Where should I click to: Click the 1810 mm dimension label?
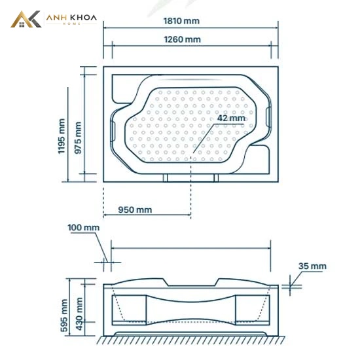pos(181,21)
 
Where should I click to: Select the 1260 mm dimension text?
pos(183,39)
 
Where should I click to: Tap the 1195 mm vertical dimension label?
pos(62,136)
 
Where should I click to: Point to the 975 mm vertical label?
pos(78,137)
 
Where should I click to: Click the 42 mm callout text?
pos(231,118)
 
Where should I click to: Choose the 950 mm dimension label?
pos(135,210)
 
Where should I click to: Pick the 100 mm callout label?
pos(84,228)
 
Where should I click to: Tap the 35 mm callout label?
pos(312,266)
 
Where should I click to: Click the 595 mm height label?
pos(64,315)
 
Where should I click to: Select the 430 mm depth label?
pos(79,314)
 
